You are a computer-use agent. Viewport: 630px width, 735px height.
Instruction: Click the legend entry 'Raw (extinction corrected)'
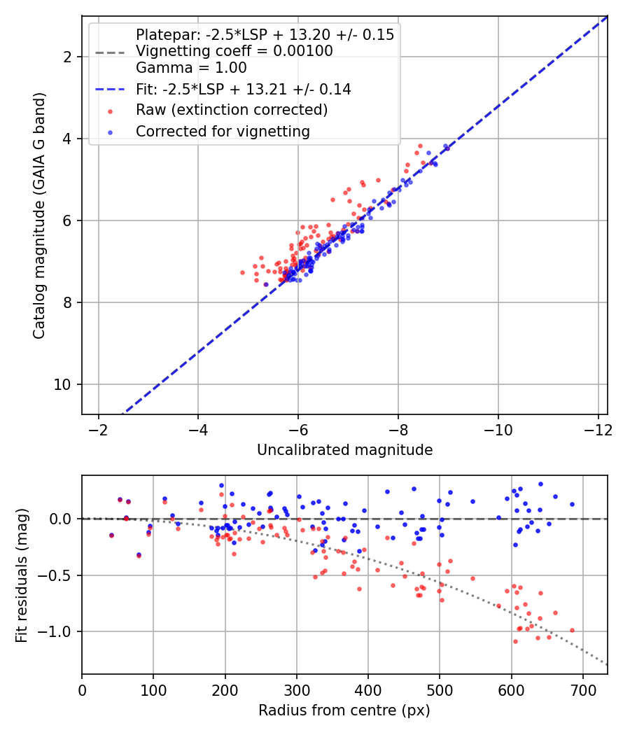(x=232, y=110)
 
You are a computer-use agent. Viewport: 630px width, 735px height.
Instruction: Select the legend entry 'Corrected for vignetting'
(x=223, y=131)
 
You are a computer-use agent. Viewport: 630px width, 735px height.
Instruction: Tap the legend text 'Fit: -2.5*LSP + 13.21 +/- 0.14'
(x=244, y=89)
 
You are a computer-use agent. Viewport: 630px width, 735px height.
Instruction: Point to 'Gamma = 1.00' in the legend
(x=191, y=68)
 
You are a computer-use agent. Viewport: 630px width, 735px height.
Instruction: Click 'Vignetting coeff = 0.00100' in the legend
(x=234, y=51)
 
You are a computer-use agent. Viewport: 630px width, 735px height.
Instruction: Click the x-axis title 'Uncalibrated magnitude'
(x=344, y=450)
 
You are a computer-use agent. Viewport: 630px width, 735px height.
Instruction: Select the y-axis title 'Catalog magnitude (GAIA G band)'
(x=39, y=215)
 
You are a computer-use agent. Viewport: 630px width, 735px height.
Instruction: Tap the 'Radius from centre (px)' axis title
(x=344, y=710)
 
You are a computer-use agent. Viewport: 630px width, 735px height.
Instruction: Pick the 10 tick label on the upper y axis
(x=64, y=384)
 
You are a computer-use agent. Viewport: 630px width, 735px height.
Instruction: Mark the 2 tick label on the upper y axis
(x=68, y=57)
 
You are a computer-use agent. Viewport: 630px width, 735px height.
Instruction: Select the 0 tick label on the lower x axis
(x=82, y=689)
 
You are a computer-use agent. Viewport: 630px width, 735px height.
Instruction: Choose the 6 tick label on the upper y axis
(x=68, y=220)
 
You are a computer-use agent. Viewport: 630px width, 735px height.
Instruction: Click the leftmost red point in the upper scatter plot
(x=243, y=272)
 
